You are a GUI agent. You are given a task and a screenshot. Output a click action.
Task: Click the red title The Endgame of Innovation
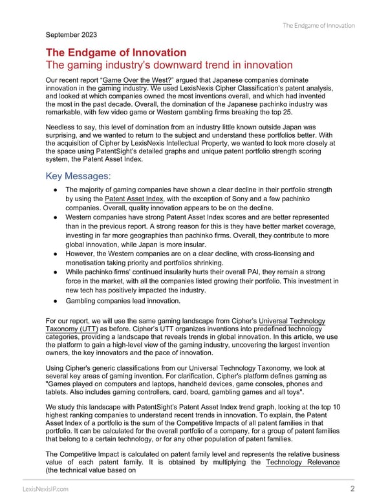pos(116,52)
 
